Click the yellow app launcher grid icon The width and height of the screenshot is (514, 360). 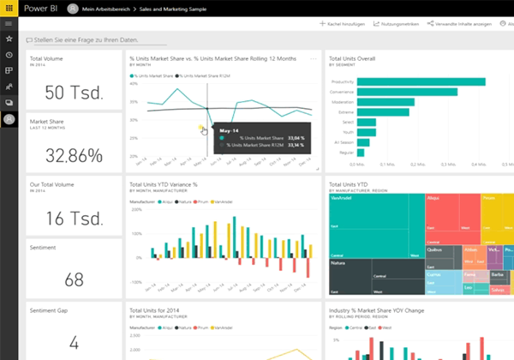(9, 7)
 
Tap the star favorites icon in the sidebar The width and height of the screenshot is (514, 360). (9, 39)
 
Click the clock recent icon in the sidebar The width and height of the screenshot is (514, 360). (9, 55)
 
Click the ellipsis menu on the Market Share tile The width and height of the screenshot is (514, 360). (314, 59)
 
